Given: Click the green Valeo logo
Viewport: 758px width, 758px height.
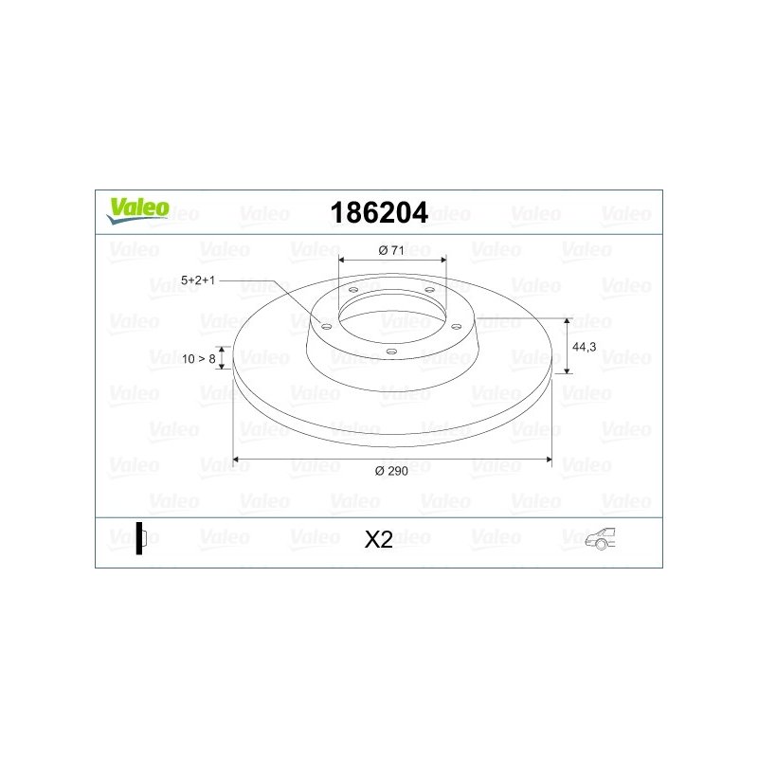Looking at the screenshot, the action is (137, 210).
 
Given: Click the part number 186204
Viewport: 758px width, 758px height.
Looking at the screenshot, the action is (379, 212).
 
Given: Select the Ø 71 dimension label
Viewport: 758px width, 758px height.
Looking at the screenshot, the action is (391, 250).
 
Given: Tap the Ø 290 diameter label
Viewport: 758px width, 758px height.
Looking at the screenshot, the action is (391, 471).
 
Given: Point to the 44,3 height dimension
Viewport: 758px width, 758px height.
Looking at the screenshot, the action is (584, 347).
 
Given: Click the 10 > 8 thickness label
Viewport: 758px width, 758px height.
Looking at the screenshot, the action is (199, 359).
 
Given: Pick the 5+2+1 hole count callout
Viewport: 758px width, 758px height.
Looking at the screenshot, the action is (198, 280).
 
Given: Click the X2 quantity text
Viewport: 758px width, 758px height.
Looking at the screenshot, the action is (378, 539).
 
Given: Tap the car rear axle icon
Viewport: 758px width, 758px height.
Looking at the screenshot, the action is (600, 538).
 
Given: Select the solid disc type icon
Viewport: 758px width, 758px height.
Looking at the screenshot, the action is (141, 538).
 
